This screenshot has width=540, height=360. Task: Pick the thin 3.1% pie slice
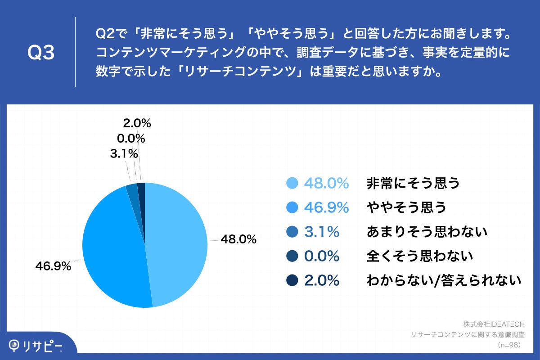(132, 191)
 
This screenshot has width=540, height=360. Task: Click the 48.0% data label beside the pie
(238, 239)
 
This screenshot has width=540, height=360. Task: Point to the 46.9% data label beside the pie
(53, 266)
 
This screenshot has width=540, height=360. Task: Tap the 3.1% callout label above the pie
(123, 154)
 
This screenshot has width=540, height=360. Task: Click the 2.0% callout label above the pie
(136, 123)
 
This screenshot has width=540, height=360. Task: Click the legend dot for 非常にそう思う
(292, 183)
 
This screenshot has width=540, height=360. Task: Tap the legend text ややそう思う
(406, 207)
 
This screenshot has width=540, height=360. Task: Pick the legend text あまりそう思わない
(427, 232)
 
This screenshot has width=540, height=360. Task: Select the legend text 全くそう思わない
(420, 256)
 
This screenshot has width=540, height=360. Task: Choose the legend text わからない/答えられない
(444, 280)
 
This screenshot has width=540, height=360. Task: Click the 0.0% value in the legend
(321, 256)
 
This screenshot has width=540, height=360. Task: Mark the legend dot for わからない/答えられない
(292, 280)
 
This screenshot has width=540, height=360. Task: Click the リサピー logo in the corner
(36, 346)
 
